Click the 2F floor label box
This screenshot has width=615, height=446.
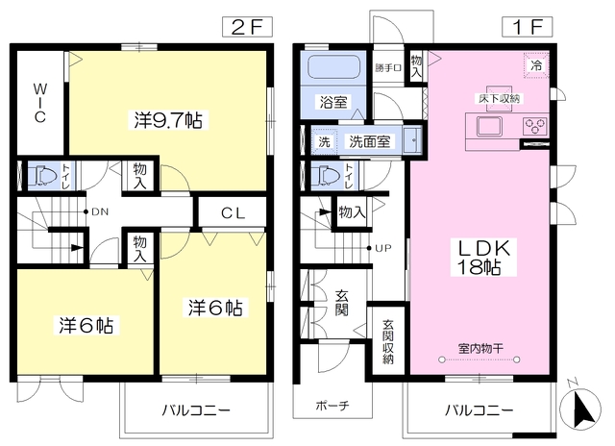point(247,27)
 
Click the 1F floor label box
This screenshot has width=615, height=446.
point(528,27)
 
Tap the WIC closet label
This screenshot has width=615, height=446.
point(40,103)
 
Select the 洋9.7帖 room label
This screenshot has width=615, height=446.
point(168,120)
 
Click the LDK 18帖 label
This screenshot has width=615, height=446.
point(483,258)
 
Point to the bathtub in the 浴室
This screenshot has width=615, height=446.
point(333,67)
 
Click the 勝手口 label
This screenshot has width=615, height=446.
point(387,68)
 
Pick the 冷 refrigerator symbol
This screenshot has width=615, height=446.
point(536,65)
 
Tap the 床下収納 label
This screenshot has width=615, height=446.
point(499,98)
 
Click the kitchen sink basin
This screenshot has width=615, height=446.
point(489,126)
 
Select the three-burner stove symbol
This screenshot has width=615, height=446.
point(535,126)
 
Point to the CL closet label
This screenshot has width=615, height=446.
point(233,213)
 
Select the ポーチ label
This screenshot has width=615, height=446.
point(332,406)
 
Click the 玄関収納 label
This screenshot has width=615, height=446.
point(388,342)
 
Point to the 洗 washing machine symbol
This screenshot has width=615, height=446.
point(324,141)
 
